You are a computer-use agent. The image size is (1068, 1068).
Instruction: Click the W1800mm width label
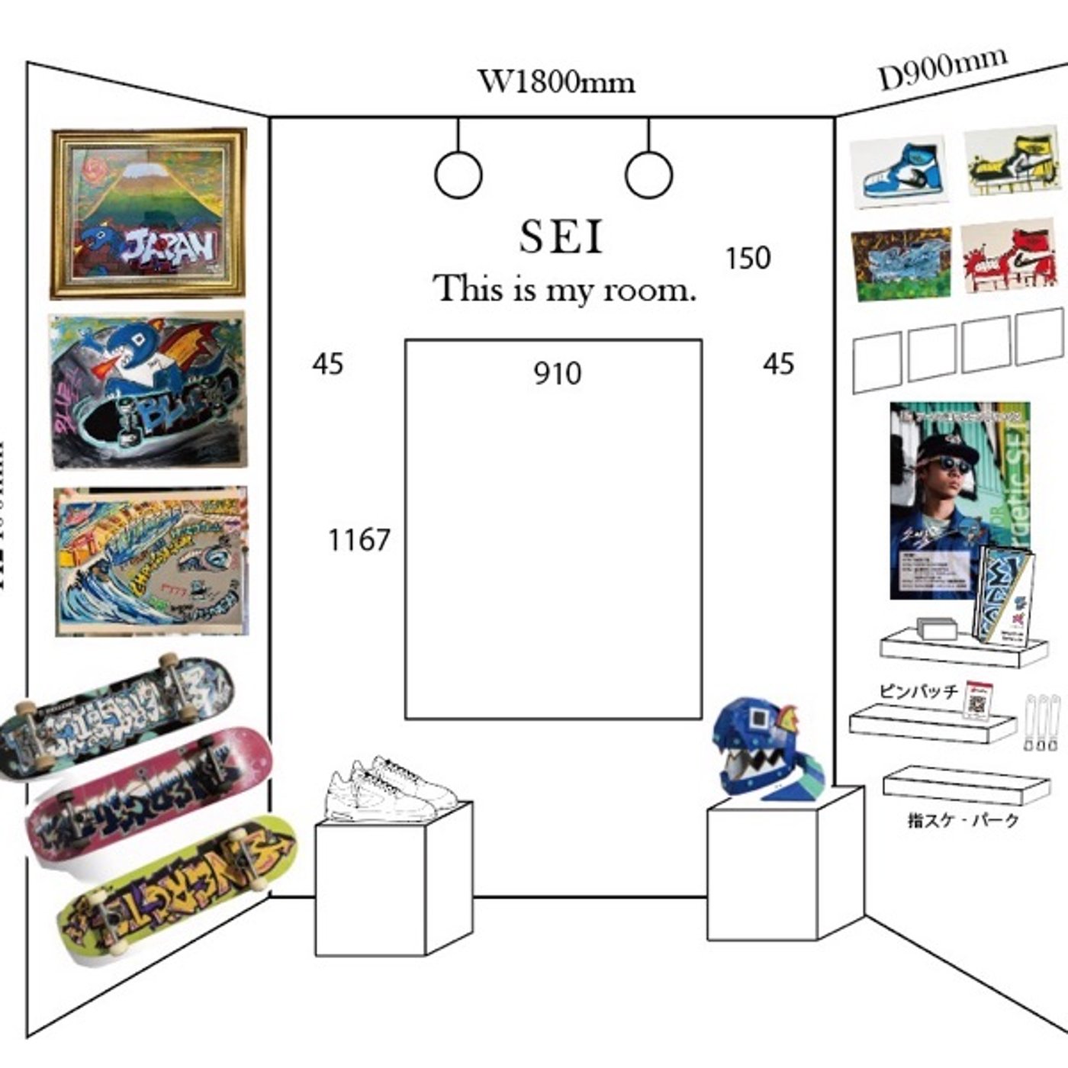click(x=556, y=80)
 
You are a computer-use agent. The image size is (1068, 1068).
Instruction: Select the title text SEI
click(x=561, y=236)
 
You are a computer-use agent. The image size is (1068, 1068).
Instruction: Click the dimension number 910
click(x=557, y=374)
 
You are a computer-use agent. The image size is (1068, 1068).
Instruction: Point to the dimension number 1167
click(x=359, y=540)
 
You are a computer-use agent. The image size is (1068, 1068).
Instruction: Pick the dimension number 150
click(x=748, y=259)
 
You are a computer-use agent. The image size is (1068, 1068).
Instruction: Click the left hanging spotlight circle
click(x=458, y=174)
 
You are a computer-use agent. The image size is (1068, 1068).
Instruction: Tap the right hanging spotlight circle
click(x=648, y=174)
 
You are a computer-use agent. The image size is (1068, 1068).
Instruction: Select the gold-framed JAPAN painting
click(x=149, y=213)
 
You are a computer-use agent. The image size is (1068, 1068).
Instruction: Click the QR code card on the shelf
click(x=976, y=700)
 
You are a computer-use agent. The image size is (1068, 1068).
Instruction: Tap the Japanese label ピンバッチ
click(x=918, y=691)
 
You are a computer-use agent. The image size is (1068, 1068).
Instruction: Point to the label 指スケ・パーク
click(x=963, y=821)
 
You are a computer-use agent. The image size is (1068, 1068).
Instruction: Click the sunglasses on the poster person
click(x=953, y=465)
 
